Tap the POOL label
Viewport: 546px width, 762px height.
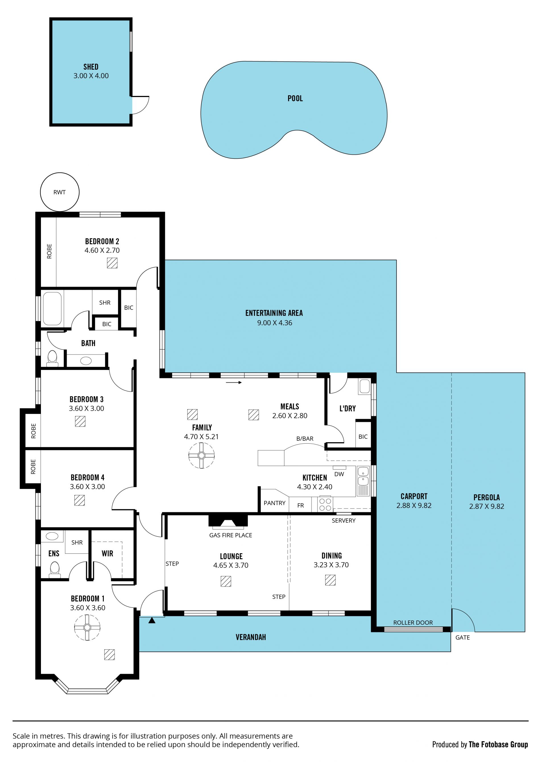tap(295, 98)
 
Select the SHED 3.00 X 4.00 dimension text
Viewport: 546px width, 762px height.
tap(91, 76)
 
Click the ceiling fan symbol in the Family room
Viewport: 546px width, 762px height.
tap(201, 456)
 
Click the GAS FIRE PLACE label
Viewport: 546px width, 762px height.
tap(231, 535)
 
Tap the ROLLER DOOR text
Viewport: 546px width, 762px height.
tap(413, 623)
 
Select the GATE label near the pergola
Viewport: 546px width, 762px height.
tap(462, 637)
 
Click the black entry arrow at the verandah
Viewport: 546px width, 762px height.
tap(152, 620)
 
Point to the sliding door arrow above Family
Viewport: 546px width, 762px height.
tap(234, 382)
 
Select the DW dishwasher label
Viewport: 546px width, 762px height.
tap(339, 474)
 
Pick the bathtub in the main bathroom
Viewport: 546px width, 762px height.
tap(52, 309)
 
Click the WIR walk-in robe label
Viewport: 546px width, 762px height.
tap(107, 553)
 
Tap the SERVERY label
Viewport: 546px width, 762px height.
tap(344, 520)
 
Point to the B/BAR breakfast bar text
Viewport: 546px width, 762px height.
tap(305, 438)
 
